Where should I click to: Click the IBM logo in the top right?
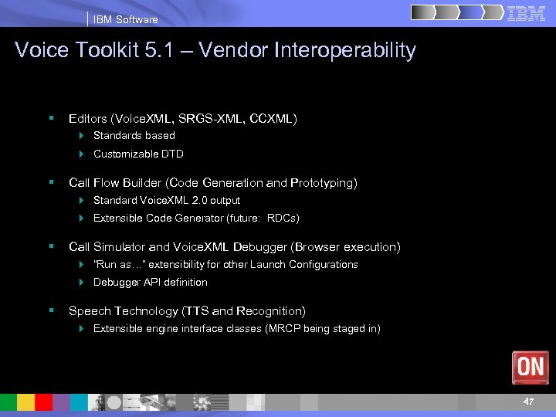527,13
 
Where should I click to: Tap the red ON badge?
531,367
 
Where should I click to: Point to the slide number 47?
528,402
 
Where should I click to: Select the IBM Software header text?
125,19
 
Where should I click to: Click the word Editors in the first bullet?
88,118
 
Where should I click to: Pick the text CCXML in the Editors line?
274,118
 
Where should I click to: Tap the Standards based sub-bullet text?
134,136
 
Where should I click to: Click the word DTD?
173,154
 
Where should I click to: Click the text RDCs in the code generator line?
283,219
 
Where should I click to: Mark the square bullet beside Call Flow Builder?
51,182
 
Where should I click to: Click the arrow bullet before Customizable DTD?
82,154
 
